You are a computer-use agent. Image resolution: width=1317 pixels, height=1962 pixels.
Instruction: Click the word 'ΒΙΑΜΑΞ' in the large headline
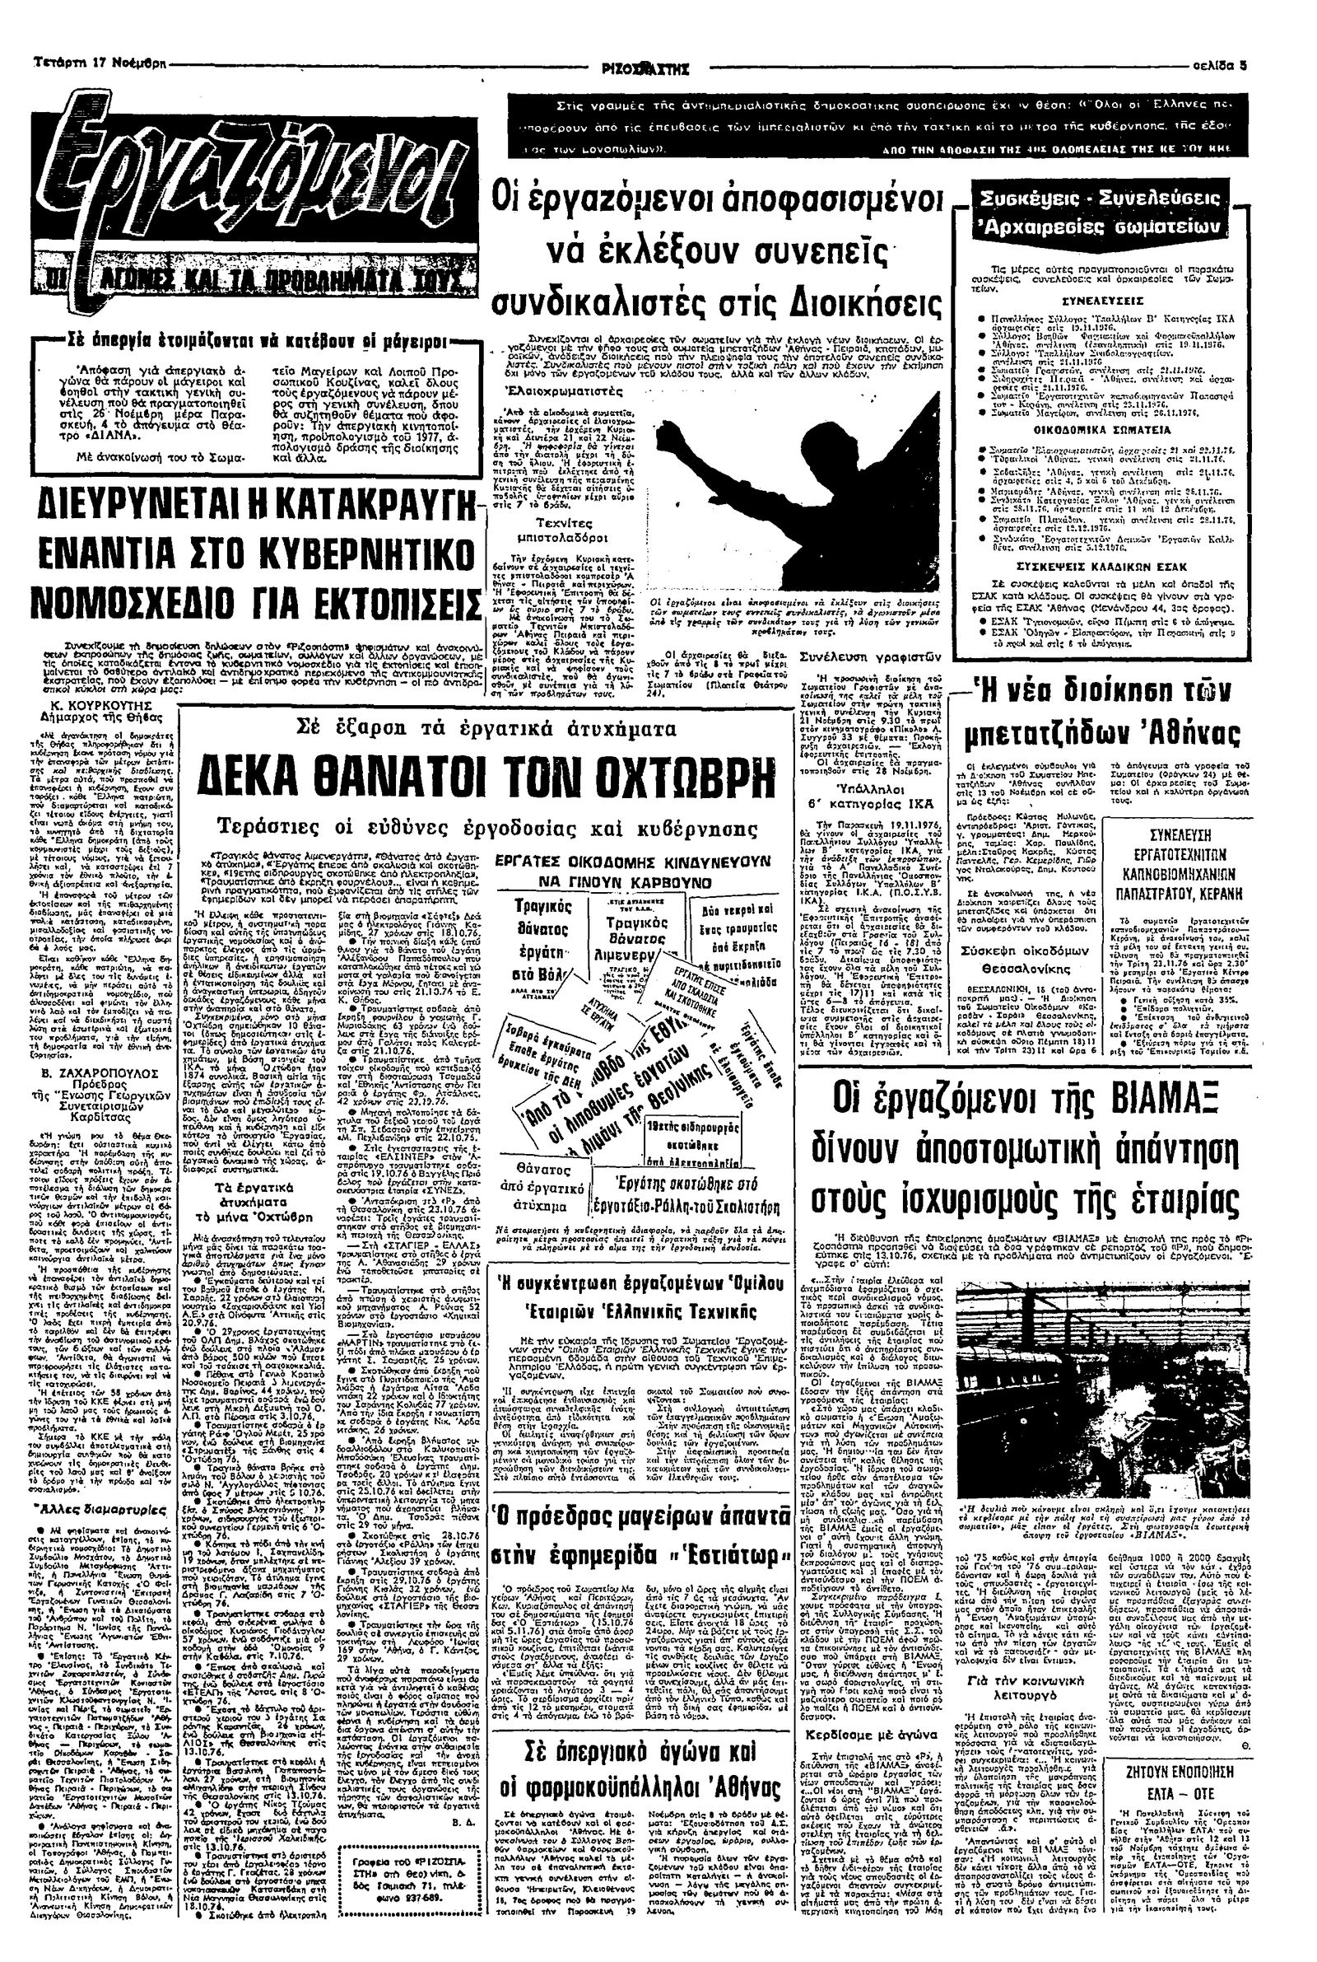pos(1183,1095)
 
